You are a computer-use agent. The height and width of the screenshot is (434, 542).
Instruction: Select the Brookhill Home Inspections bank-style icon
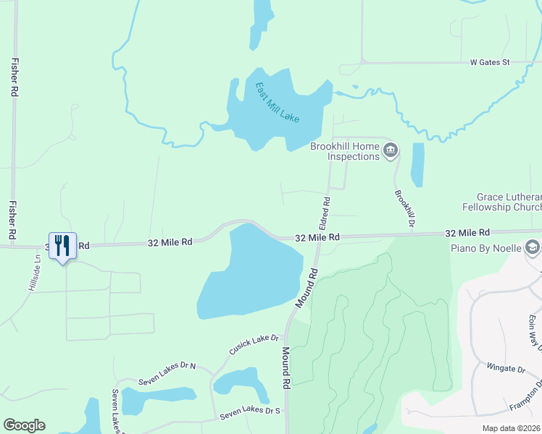click(x=391, y=150)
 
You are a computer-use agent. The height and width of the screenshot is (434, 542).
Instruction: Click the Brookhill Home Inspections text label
click(x=344, y=151)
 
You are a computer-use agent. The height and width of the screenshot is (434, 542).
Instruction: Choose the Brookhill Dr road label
click(x=404, y=209)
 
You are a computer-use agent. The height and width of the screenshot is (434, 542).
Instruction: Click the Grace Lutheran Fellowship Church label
click(x=509, y=202)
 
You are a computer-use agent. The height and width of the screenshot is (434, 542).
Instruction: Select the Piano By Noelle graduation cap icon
click(x=533, y=247)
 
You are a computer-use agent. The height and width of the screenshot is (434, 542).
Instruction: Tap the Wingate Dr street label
click(x=505, y=368)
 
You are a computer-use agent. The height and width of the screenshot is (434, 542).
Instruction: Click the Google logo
click(x=24, y=425)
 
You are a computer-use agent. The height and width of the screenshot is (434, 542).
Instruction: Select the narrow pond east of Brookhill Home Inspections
click(x=417, y=165)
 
